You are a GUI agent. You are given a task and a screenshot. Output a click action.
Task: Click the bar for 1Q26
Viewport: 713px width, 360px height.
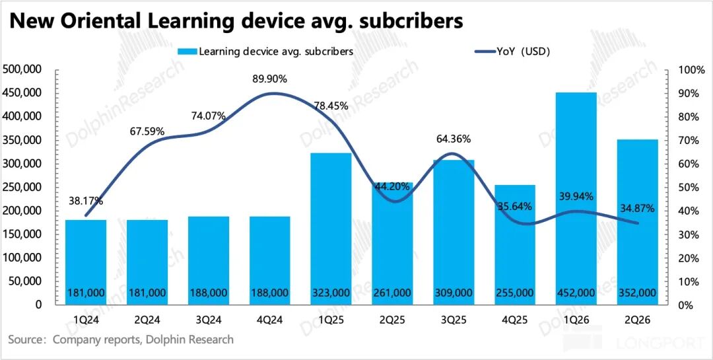coord(576,198)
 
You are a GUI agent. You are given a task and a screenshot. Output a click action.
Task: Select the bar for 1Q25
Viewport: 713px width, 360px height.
coord(331,228)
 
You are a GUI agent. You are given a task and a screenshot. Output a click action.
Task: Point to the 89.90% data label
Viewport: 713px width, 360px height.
coord(270,79)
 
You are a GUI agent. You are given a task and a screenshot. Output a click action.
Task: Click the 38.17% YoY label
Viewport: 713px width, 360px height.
coord(85,201)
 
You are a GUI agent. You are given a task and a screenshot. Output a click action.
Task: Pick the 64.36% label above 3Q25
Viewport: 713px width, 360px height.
coord(454,139)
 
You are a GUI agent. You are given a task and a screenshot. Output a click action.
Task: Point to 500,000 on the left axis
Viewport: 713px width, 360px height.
coord(23,69)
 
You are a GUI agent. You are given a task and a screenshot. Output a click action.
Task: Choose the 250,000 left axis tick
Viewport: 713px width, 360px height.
coord(23,187)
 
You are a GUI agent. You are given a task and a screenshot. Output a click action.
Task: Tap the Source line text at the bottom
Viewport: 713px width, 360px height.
coord(121,340)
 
